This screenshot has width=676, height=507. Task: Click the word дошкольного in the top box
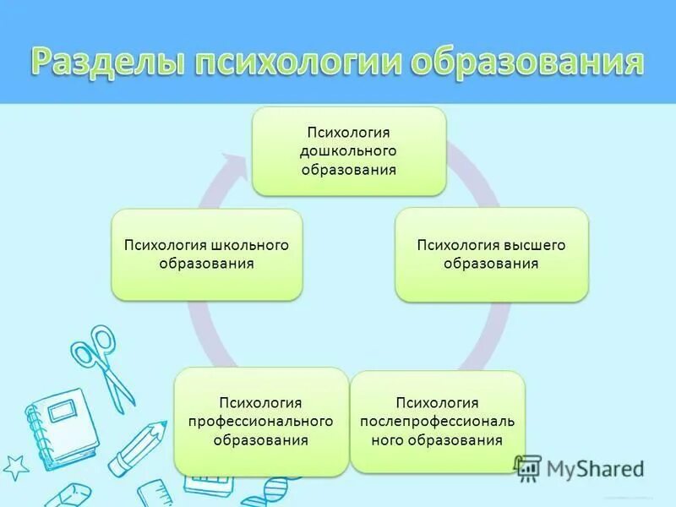pyautogui.click(x=348, y=151)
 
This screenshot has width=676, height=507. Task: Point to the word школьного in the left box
pyautogui.click(x=250, y=245)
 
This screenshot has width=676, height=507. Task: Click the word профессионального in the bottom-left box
pyautogui.click(x=261, y=421)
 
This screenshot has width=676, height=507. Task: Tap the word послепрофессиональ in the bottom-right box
pyautogui.click(x=437, y=421)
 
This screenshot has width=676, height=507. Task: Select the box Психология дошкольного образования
pyautogui.click(x=349, y=152)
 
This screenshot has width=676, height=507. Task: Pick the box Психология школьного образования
pyautogui.click(x=207, y=254)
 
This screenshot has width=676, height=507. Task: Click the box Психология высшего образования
pyautogui.click(x=491, y=254)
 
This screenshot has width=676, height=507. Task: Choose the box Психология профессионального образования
pyautogui.click(x=261, y=421)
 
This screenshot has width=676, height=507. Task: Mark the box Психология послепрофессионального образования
pyautogui.click(x=437, y=421)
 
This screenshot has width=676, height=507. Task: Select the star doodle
pyautogui.click(x=14, y=466)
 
